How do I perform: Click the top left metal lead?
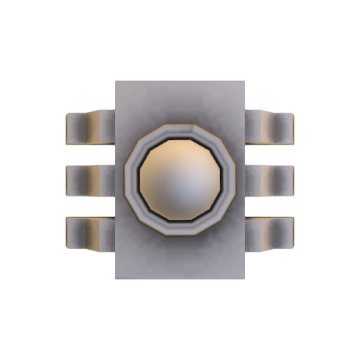(89, 128)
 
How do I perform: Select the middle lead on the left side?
(89, 181)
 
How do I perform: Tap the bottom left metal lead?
(89, 233)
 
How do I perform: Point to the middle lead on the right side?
(269, 181)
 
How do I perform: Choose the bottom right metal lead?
(269, 233)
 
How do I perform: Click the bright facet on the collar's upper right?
(205, 135)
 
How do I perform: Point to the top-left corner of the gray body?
(117, 82)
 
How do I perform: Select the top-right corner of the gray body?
(245, 82)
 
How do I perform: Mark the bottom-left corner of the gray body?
(117, 278)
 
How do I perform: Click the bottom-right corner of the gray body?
(245, 278)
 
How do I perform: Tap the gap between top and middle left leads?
(89, 155)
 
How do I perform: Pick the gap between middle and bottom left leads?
(89, 207)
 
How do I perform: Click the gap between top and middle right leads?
(269, 154)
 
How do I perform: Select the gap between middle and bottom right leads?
(269, 207)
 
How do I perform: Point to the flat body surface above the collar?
(180, 102)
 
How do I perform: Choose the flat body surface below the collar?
(180, 258)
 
